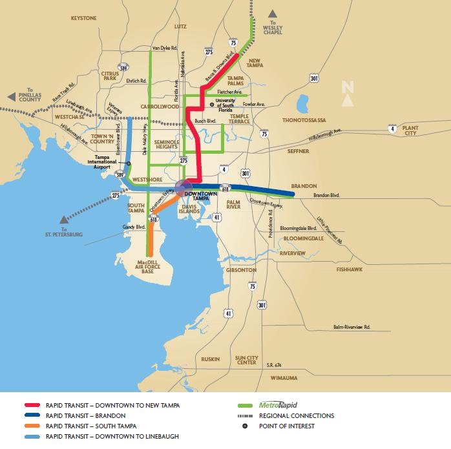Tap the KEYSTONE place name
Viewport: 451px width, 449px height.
click(x=83, y=18)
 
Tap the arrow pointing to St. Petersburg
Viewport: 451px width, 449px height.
click(x=61, y=219)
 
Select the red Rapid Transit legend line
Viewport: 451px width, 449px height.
click(x=34, y=406)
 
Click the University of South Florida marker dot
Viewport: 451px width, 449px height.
click(x=211, y=104)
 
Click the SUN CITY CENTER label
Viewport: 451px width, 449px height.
click(x=246, y=360)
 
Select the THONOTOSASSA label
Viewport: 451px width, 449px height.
click(x=304, y=120)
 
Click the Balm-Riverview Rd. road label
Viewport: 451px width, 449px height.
click(x=351, y=328)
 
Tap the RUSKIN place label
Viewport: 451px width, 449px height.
click(x=211, y=359)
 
